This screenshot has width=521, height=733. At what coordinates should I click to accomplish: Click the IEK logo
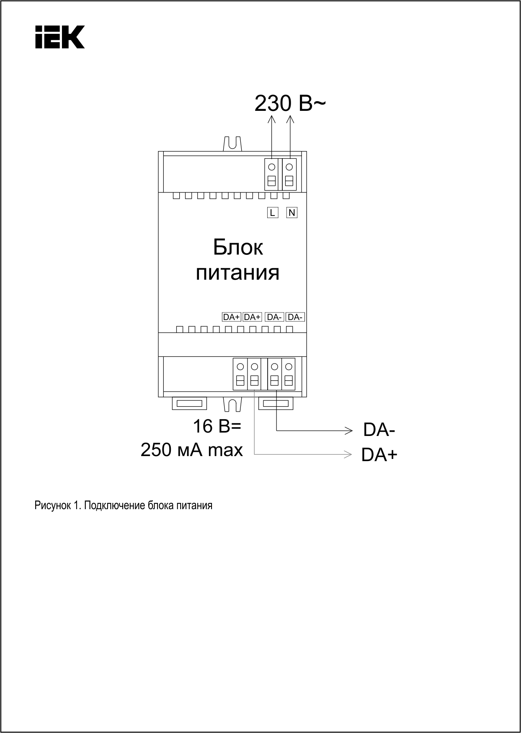[x=60, y=37]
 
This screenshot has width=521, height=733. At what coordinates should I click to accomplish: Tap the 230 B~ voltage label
[x=289, y=104]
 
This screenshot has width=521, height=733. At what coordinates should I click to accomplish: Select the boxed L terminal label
[x=273, y=213]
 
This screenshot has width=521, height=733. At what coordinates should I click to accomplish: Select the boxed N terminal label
[x=292, y=213]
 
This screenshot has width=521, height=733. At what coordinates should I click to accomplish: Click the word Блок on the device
[x=238, y=247]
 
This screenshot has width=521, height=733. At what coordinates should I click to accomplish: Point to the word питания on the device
[x=237, y=273]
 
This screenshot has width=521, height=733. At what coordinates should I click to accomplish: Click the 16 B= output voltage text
[x=217, y=426]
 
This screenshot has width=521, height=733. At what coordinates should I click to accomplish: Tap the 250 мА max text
[x=192, y=450]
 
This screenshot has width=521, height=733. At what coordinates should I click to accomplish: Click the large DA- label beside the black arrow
[x=379, y=430]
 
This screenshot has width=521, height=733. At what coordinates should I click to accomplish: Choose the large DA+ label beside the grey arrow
[x=379, y=455]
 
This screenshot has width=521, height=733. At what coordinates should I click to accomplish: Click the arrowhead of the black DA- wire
[x=348, y=430]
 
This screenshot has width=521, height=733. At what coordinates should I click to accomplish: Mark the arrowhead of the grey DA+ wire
[x=348, y=454]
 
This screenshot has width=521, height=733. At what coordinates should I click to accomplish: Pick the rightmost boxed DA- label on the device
[x=295, y=317]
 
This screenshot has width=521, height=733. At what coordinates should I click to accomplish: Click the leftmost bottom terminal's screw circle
[x=240, y=367]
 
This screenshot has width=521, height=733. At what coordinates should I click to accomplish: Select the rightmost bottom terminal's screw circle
[x=288, y=367]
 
